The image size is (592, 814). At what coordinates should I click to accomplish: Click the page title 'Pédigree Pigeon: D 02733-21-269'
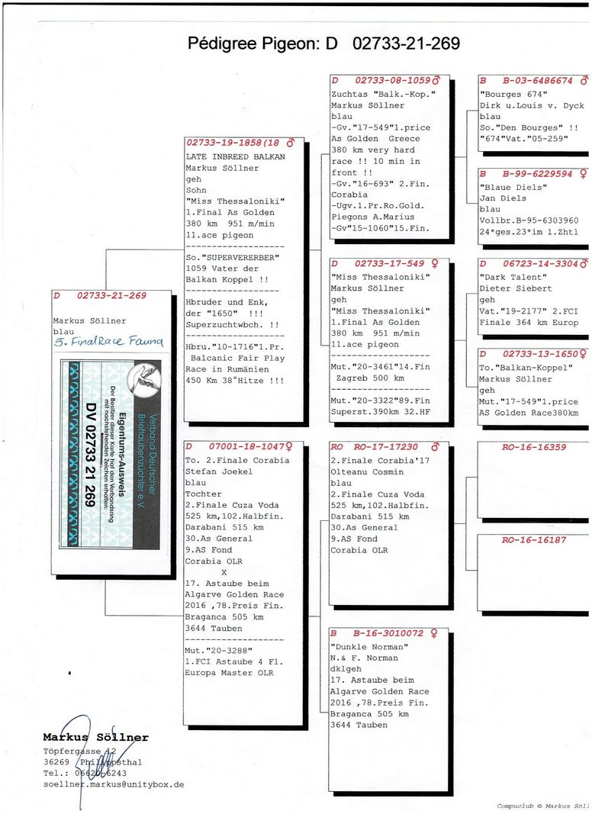pyautogui.click(x=323, y=43)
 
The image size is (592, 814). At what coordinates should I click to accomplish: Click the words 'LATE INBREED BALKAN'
pyautogui.click(x=235, y=156)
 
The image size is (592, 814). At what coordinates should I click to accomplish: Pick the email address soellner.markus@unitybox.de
pyautogui.click(x=113, y=784)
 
